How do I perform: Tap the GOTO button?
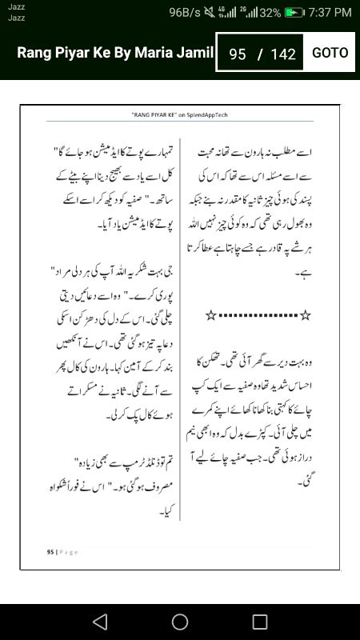330,53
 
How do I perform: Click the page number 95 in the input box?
238,54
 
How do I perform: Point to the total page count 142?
283,54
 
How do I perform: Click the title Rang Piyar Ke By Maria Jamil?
115,53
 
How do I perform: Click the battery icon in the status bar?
294,13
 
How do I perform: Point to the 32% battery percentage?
270,13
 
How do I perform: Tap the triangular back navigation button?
99,622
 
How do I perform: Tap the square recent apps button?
260,622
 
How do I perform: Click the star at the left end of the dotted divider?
210,316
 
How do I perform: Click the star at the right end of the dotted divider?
305,316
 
